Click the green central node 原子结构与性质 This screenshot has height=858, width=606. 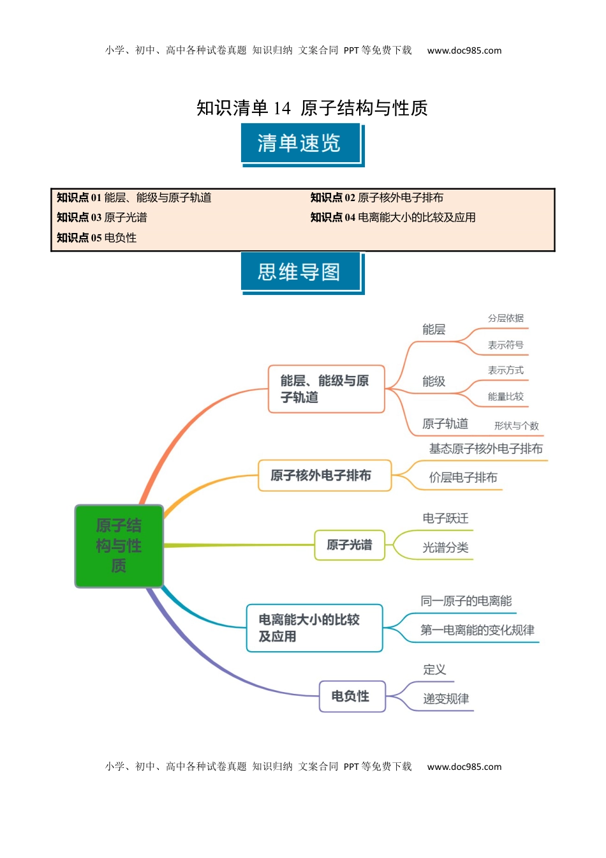tap(119, 546)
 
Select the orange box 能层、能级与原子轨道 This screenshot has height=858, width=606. tap(326, 389)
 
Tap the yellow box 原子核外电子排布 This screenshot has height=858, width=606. tap(324, 476)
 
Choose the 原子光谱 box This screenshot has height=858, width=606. tap(350, 545)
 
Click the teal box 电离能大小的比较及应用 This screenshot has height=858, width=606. tap(314, 628)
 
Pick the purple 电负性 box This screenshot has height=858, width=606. tap(352, 696)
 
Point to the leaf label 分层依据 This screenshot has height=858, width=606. tap(505, 319)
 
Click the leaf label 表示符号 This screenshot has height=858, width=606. tap(505, 345)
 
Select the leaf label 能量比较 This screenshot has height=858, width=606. tap(505, 397)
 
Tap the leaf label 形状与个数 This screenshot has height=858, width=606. tap(516, 426)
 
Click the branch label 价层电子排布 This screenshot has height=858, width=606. tap(463, 478)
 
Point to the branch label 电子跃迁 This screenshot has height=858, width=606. tap(445, 518)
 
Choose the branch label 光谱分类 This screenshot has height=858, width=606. tap(445, 548)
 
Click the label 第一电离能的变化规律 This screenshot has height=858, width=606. tap(477, 630)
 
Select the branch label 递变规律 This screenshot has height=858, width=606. tap(446, 699)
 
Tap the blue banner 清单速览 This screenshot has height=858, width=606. tap(300, 144)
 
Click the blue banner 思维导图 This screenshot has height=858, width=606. tap(300, 273)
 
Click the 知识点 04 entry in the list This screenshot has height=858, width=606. tap(393, 218)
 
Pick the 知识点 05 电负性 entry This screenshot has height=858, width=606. tap(97, 238)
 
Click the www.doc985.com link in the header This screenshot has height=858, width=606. tap(464, 50)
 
